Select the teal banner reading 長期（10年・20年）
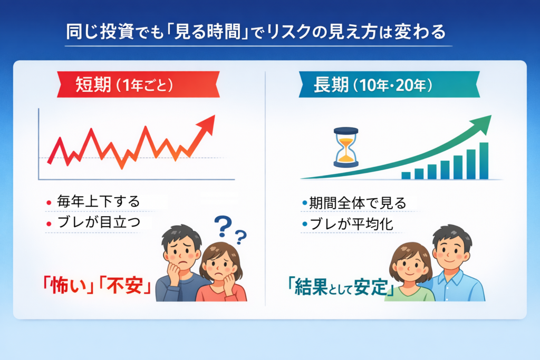[x=389, y=85]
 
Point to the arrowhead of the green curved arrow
[x=483, y=122]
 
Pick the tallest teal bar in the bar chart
[x=484, y=161]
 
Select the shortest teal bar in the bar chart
[x=406, y=176]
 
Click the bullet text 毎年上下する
[x=98, y=201]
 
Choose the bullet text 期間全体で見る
[x=358, y=202]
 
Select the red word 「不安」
[x=127, y=287]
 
